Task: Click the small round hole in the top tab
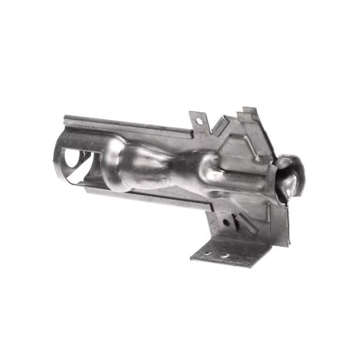click(199, 120)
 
